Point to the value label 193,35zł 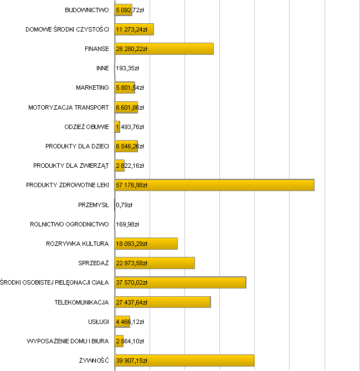pyautogui.click(x=127, y=69)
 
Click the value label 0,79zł pyautogui.click(x=125, y=205)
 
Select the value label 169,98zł pyautogui.click(x=127, y=224)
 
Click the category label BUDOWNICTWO pyautogui.click(x=87, y=10)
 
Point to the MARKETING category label pyautogui.click(x=92, y=88)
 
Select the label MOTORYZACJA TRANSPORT pyautogui.click(x=69, y=107)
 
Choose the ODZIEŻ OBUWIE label pyautogui.click(x=87, y=127)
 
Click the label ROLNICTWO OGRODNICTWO pyautogui.click(x=69, y=224)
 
